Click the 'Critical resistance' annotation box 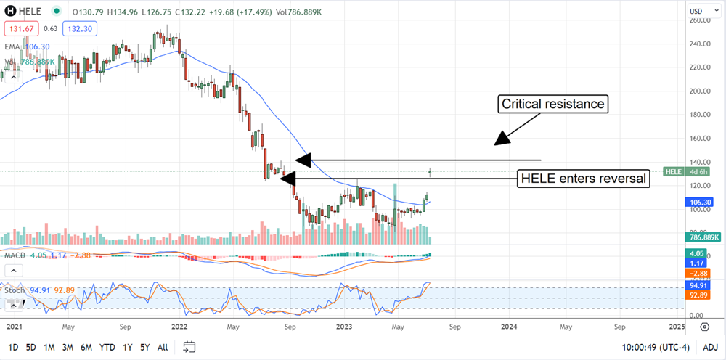[x=552, y=104]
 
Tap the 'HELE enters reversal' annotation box [x=583, y=179]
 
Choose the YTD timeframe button [x=107, y=347]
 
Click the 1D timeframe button [x=14, y=347]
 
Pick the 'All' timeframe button [x=163, y=347]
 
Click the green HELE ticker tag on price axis [x=673, y=172]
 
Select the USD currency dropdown [x=698, y=11]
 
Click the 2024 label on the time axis [x=508, y=327]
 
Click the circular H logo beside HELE [x=9, y=12]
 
